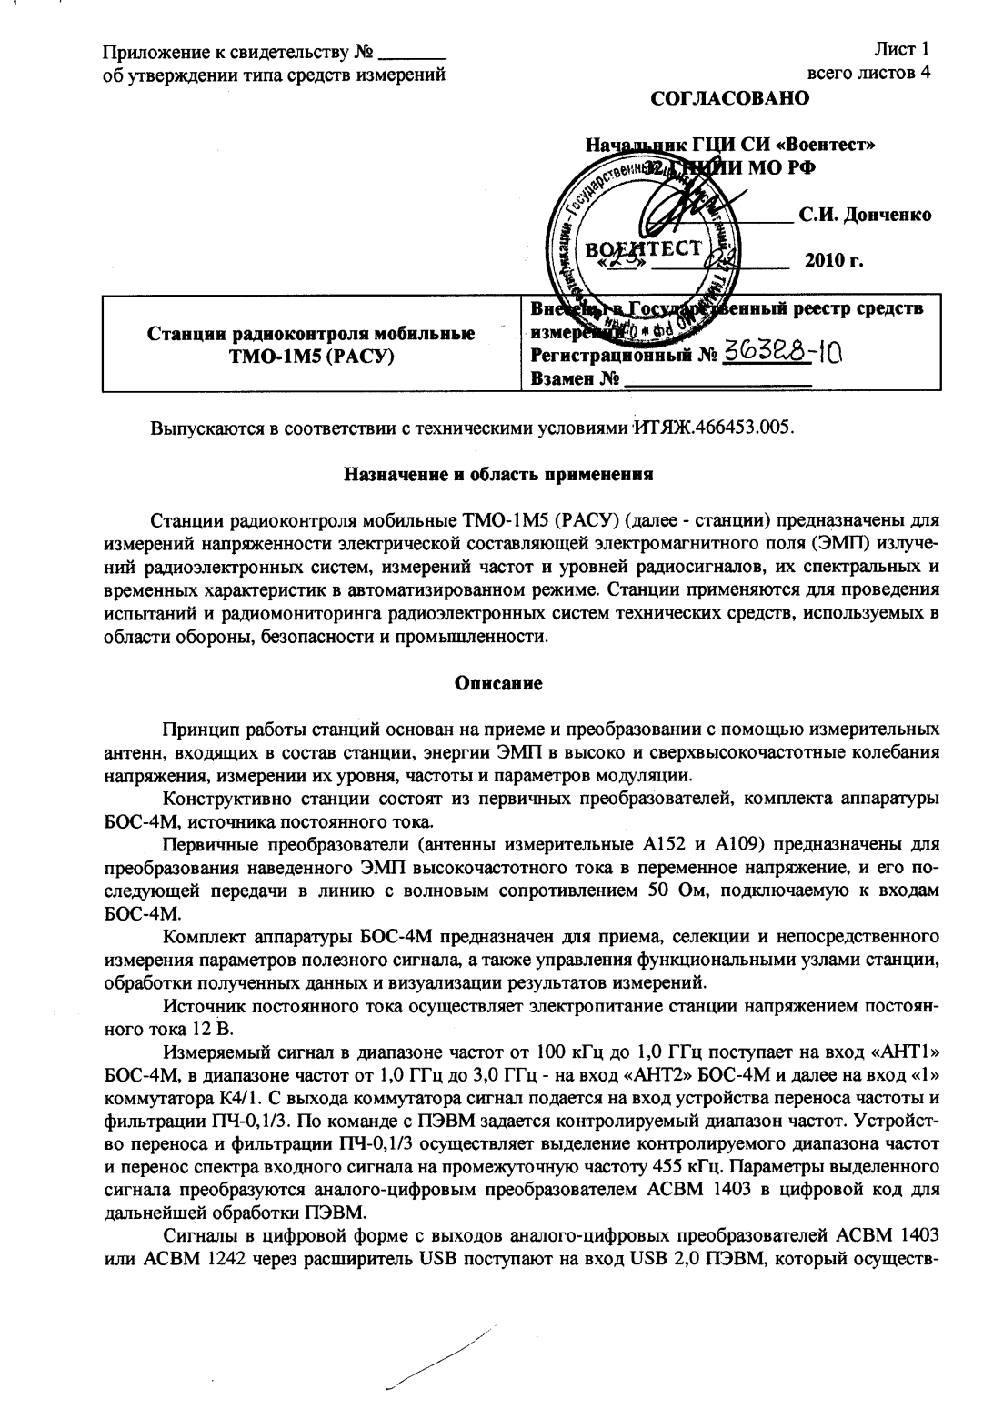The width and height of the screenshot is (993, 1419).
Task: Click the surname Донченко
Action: coord(865,216)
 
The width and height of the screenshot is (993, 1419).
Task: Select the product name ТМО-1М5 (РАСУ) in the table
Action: coord(311,356)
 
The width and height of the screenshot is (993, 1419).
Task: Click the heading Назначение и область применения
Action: coord(499,473)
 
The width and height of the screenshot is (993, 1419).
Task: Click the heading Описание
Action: coord(498,684)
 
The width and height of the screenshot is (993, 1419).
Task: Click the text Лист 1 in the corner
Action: coord(903,49)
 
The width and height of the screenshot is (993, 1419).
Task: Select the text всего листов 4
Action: coord(868,73)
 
